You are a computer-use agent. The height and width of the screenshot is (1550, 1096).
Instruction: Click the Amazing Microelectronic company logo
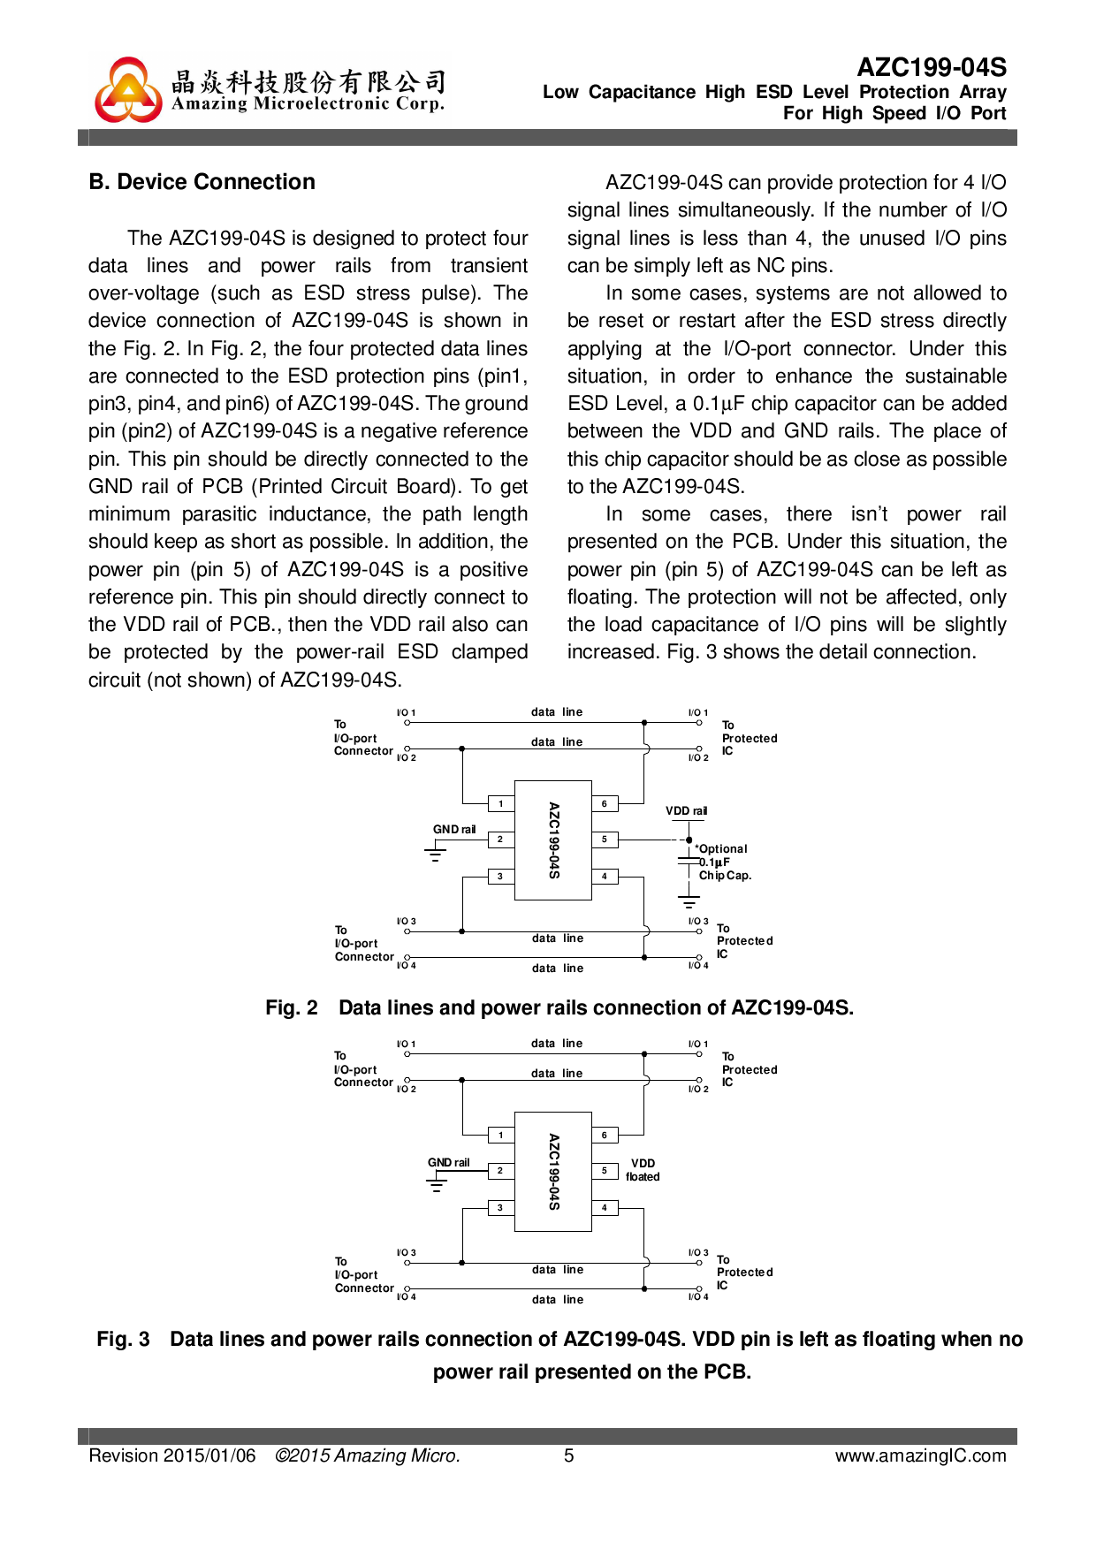click(129, 90)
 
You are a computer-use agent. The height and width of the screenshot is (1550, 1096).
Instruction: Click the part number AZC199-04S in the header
click(932, 67)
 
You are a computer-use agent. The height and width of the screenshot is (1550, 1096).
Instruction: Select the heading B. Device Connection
click(202, 182)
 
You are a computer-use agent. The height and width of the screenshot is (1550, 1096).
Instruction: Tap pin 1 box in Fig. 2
click(501, 803)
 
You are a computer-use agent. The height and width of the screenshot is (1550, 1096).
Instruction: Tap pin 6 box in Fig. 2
click(605, 803)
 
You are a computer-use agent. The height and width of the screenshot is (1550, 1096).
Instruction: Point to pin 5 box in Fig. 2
click(605, 839)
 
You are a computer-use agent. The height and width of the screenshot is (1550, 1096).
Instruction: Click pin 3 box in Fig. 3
click(500, 1207)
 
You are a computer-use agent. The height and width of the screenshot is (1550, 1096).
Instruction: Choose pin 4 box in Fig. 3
click(605, 1207)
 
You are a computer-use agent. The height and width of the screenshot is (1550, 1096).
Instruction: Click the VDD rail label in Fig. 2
click(686, 810)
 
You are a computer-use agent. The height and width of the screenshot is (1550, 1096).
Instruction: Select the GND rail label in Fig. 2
click(454, 829)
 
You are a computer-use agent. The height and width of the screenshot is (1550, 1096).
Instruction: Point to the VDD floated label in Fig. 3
click(643, 1170)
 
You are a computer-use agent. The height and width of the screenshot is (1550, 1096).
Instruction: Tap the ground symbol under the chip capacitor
click(689, 902)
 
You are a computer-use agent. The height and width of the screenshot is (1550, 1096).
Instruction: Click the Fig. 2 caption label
click(292, 1008)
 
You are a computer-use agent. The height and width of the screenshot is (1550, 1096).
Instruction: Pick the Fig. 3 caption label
click(123, 1340)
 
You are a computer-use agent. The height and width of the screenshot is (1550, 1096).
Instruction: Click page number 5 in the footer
click(569, 1455)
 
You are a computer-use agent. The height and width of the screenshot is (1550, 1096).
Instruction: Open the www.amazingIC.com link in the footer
click(920, 1455)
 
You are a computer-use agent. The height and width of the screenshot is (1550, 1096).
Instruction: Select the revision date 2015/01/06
click(209, 1455)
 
